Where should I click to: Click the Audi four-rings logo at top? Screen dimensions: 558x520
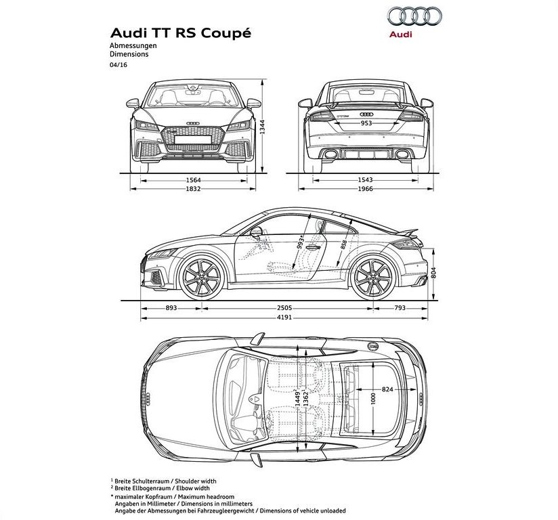[414, 16]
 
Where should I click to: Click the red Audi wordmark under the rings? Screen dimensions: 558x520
[400, 34]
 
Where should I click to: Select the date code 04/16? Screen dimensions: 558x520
[119, 65]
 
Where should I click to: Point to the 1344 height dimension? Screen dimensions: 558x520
[262, 127]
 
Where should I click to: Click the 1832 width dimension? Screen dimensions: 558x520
[193, 189]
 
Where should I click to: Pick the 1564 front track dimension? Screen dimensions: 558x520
[193, 181]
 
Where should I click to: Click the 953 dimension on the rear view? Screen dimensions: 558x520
[366, 123]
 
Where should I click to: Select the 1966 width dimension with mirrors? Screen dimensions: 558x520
[366, 189]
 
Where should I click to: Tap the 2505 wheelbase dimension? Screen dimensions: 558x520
[284, 308]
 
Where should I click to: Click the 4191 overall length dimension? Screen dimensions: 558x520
[284, 317]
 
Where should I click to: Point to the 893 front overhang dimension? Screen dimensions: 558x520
[171, 308]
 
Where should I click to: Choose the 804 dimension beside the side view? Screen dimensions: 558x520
[433, 273]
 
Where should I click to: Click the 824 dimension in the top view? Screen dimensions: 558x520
[387, 389]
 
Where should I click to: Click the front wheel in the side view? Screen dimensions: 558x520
[202, 277]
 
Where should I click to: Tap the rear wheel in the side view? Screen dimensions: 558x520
[373, 277]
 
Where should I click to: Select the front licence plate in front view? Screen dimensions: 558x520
[193, 139]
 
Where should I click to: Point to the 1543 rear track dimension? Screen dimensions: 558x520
[366, 181]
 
